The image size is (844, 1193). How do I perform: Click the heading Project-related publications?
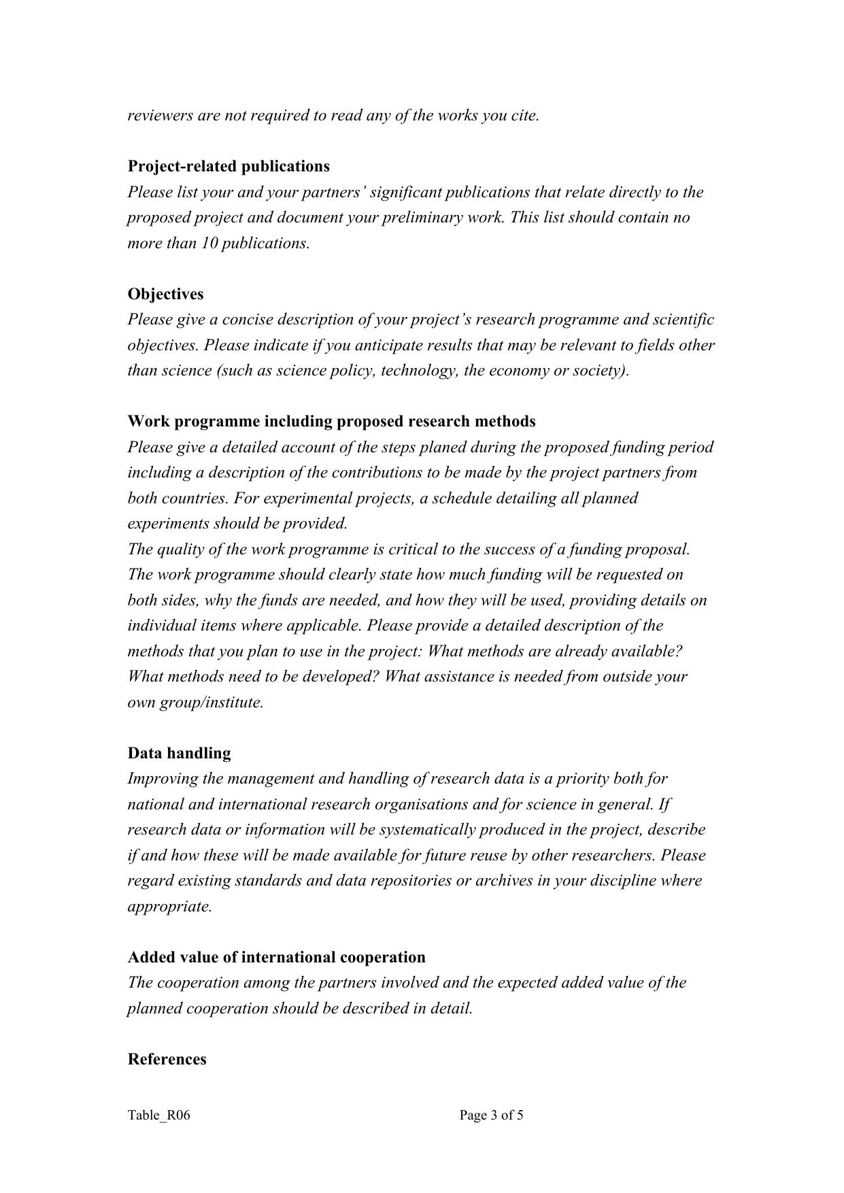pyautogui.click(x=229, y=167)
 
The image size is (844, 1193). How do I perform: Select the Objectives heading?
pyautogui.click(x=165, y=294)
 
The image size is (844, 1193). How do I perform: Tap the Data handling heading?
pyautogui.click(x=179, y=753)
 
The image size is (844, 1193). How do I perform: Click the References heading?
pyautogui.click(x=167, y=1059)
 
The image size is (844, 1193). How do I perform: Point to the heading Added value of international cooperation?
pyautogui.click(x=276, y=957)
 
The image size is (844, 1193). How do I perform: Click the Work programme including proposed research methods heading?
pyautogui.click(x=331, y=422)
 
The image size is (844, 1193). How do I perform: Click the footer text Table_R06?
pyautogui.click(x=158, y=1115)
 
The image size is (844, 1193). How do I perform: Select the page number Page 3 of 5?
pyautogui.click(x=491, y=1115)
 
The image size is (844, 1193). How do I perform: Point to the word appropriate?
pyautogui.click(x=169, y=907)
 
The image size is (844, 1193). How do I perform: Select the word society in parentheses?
pyautogui.click(x=602, y=371)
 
